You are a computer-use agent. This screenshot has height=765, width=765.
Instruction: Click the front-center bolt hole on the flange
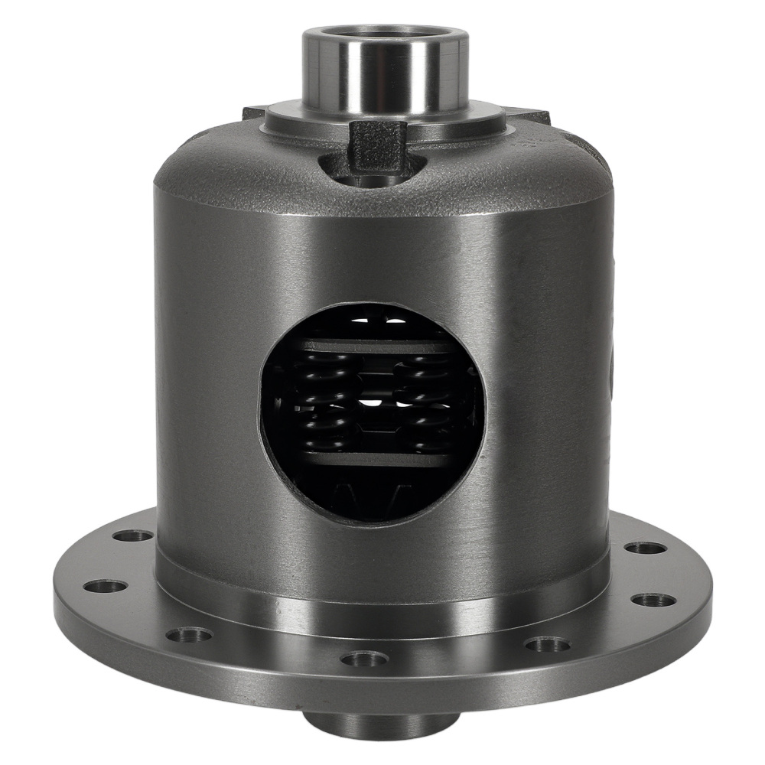[x=366, y=658]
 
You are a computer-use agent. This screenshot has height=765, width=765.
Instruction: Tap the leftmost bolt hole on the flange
[x=106, y=587]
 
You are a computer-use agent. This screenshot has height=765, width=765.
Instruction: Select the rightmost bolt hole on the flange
[x=653, y=599]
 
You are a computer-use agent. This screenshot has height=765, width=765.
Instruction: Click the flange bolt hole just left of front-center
[x=189, y=634]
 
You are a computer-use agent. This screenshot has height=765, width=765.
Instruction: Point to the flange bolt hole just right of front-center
[x=547, y=644]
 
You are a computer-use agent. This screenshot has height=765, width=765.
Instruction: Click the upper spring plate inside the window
[x=375, y=346]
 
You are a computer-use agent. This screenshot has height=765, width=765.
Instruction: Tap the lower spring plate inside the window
[x=375, y=459]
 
